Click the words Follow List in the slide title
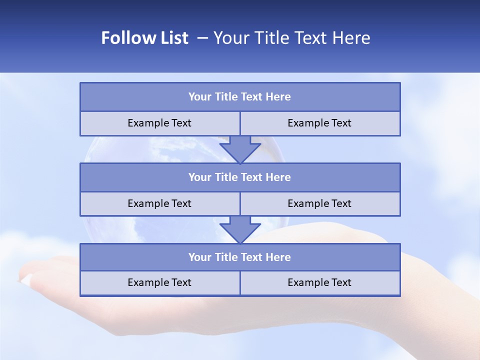pyautogui.click(x=144, y=38)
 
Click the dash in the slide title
pyautogui.click(x=202, y=38)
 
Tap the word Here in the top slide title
pyautogui.click(x=352, y=38)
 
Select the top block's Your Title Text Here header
pyautogui.click(x=239, y=97)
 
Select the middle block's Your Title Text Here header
pyautogui.click(x=239, y=177)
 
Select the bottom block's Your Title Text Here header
pyautogui.click(x=239, y=257)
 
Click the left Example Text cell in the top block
pyautogui.click(x=159, y=123)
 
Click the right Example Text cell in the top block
pyautogui.click(x=319, y=123)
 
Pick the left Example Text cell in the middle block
pyautogui.click(x=159, y=203)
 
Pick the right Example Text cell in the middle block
pyautogui.click(x=319, y=203)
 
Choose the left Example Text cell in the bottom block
pyautogui.click(x=159, y=282)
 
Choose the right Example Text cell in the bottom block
pyautogui.click(x=319, y=282)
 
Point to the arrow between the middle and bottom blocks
pyautogui.click(x=240, y=229)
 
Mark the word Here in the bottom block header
pyautogui.click(x=278, y=257)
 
